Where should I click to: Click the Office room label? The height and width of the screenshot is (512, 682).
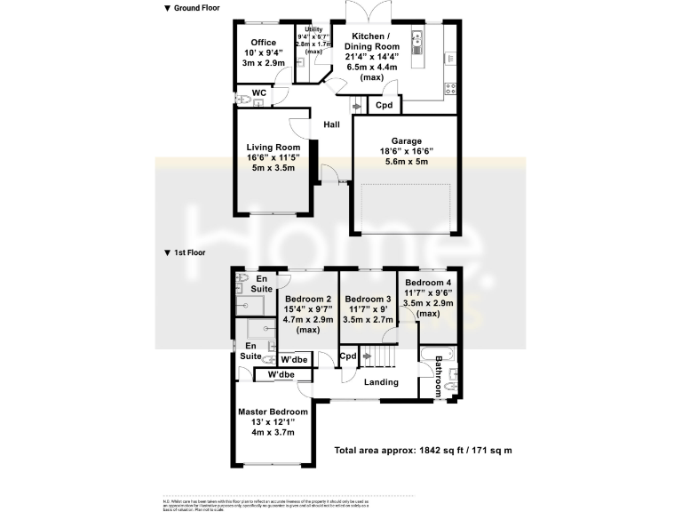coord(263,42)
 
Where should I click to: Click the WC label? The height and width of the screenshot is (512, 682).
coord(259,92)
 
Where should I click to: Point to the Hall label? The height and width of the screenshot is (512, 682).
coord(331,124)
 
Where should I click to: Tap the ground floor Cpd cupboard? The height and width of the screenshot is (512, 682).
coord(384,105)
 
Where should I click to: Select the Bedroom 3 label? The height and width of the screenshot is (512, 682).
coord(368,299)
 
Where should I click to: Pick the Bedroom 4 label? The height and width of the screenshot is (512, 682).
coord(428,284)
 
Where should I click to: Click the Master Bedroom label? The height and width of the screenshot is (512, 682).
coord(273,412)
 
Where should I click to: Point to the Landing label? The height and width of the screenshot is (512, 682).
coord(381,382)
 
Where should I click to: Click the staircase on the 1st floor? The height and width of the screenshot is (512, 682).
coord(380,356)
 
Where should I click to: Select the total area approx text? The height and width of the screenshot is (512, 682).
coord(423,451)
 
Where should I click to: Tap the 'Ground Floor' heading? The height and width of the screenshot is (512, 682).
coord(191,8)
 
